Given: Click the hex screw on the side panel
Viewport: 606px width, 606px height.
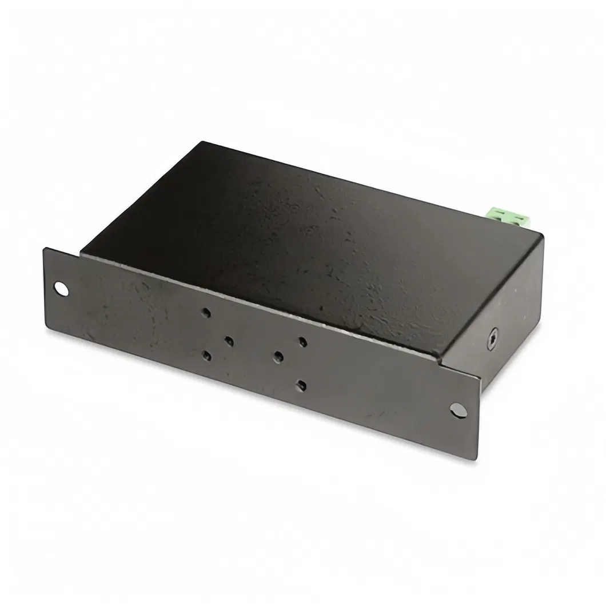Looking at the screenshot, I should [493, 340].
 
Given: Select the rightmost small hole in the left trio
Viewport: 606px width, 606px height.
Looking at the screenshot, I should [229, 341].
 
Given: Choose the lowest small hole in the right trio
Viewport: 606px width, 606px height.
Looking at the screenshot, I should [301, 385].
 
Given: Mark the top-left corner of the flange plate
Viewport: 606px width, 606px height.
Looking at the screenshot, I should [45, 248].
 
